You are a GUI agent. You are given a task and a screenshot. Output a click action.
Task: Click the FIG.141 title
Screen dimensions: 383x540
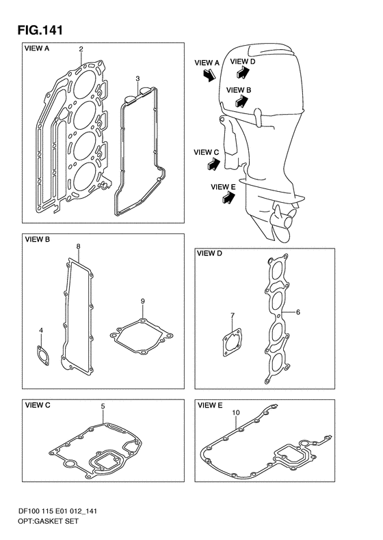pos(40,30)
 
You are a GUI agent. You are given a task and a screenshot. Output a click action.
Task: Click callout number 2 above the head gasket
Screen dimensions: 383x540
pos(81,49)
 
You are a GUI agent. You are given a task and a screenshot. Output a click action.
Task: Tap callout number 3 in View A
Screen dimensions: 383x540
pos(137,79)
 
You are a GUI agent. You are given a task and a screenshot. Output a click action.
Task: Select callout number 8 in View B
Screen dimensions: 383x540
pos(79,246)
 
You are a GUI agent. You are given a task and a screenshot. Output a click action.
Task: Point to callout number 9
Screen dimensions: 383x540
pos(142,301)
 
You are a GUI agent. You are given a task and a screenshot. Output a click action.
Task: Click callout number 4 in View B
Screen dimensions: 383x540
pos(41,330)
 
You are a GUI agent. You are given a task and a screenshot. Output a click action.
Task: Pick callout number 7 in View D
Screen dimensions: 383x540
pos(233,315)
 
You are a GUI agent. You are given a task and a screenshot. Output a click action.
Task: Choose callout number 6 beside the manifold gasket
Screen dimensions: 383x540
pos(298,313)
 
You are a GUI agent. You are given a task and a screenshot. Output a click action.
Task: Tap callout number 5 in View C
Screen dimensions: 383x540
pos(103,406)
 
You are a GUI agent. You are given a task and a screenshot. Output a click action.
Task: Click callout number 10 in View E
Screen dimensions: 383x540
pos(236,412)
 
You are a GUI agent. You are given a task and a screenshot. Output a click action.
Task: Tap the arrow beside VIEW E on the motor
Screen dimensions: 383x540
pos(228,198)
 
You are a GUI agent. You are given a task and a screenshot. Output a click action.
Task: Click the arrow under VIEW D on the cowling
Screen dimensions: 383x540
pos(243,72)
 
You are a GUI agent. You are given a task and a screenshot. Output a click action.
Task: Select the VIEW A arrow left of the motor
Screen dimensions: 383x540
pos(209,74)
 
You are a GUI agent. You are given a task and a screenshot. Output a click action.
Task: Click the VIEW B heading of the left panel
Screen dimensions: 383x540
pos(37,240)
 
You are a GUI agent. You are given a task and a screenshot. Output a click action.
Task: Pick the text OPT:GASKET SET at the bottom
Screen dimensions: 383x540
pos(48,521)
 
